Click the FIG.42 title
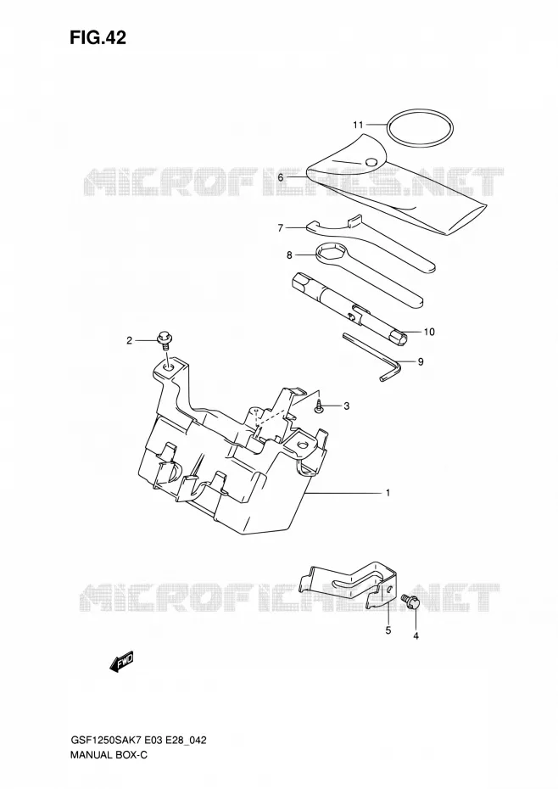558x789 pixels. tap(98, 37)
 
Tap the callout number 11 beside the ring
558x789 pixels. tap(358, 124)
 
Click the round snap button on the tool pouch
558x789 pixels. tap(371, 161)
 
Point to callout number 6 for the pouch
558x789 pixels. tap(281, 177)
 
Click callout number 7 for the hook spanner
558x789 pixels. tap(281, 228)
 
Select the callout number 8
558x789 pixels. tap(289, 255)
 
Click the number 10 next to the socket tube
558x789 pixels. tap(429, 332)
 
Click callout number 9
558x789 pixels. tap(421, 361)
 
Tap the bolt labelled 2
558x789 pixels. tap(164, 339)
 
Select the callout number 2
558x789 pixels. tap(129, 341)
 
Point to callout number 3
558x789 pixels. tap(347, 406)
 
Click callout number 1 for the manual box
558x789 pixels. tap(388, 493)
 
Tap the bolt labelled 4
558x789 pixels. tap(410, 602)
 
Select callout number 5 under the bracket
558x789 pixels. tap(388, 630)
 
